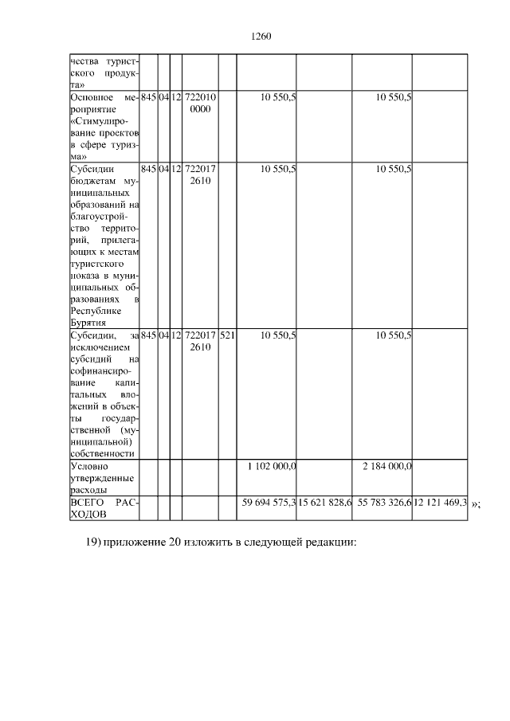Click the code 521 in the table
click(x=226, y=336)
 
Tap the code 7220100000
click(x=200, y=104)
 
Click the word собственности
click(x=101, y=453)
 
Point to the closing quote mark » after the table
click(x=475, y=504)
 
